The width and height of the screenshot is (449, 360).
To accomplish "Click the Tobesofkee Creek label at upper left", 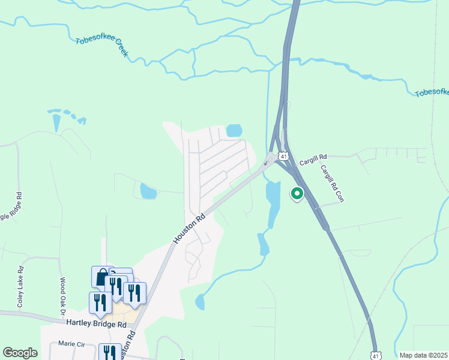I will [102, 47].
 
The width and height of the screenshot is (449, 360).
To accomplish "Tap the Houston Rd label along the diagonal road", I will [190, 227].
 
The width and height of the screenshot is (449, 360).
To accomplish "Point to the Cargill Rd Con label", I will [332, 184].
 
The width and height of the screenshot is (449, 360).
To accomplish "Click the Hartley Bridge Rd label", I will [97, 324].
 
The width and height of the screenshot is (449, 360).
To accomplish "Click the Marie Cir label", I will [72, 344].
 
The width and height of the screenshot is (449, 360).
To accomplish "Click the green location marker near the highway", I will [296, 193].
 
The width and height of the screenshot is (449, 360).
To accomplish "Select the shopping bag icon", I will [102, 277].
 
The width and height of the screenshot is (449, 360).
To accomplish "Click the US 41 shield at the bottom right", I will [375, 356].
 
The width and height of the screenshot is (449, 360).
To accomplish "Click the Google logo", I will [20, 353].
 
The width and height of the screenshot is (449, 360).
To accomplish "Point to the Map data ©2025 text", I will [423, 355].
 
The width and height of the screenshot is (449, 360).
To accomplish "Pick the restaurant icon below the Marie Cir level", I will [109, 352].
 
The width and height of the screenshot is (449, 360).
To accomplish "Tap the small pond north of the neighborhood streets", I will [234, 130].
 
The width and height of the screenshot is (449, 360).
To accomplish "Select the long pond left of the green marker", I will [272, 201].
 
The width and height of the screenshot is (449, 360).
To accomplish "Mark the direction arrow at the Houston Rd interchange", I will [266, 162].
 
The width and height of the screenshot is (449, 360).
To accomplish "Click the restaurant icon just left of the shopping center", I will [100, 302].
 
